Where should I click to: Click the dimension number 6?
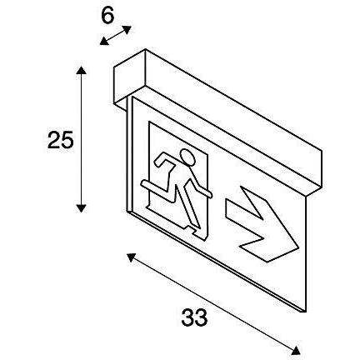click(x=107, y=16)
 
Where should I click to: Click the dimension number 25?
click(x=61, y=140)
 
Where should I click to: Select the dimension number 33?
click(x=194, y=317)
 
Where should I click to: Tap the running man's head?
click(x=187, y=158)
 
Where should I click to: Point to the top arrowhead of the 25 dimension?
click(x=81, y=71)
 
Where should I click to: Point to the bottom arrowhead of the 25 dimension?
click(x=81, y=208)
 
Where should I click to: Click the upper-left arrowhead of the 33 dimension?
click(x=132, y=257)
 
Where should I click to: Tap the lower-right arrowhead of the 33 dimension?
click(x=296, y=350)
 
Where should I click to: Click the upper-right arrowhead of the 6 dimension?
click(x=127, y=29)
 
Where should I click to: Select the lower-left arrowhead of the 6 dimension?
click(x=104, y=41)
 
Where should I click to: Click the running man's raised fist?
click(x=159, y=161)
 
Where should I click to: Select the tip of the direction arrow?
click(x=298, y=247)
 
